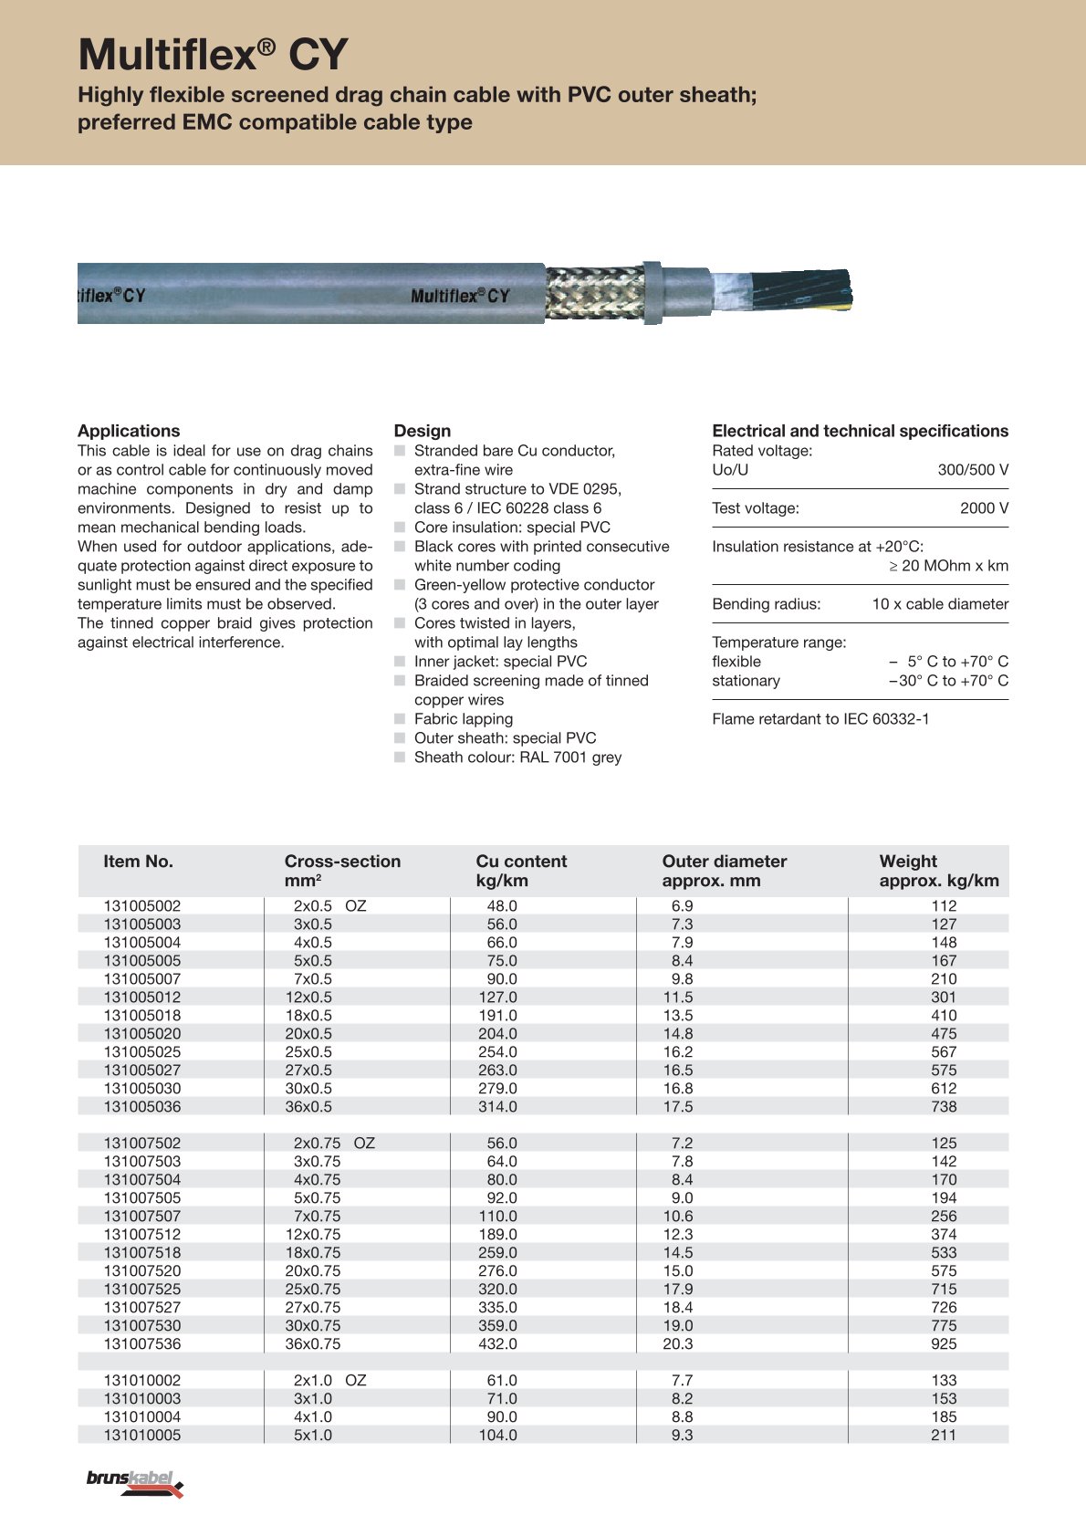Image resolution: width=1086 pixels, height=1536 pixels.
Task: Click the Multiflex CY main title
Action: tap(213, 55)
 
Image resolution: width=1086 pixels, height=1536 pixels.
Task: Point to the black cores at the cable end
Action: tap(803, 291)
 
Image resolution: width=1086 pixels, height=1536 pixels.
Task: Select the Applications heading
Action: tap(129, 431)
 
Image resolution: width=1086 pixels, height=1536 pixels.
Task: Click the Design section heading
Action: tap(423, 431)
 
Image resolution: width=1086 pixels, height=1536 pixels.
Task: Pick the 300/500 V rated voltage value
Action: tap(973, 470)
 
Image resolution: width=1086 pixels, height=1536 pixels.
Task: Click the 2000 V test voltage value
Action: tap(984, 508)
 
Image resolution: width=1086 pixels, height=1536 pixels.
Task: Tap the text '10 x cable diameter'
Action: tap(940, 604)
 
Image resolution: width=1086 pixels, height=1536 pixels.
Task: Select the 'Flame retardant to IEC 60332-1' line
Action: tap(820, 719)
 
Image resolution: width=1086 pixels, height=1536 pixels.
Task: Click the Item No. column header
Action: tap(138, 862)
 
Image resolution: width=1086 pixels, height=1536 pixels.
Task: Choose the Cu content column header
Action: tap(521, 862)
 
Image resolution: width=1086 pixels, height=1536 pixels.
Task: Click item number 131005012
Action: tap(142, 998)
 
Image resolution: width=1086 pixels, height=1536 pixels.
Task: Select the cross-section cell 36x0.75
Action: tap(313, 1344)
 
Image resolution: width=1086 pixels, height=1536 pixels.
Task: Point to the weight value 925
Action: tap(944, 1344)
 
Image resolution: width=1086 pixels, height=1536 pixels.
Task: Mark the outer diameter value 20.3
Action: tap(678, 1344)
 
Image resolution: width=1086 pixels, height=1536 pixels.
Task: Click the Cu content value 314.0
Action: tap(498, 1107)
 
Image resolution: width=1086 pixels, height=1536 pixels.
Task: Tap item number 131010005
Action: tap(142, 1436)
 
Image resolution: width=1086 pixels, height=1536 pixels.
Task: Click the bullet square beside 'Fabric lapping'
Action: tap(400, 719)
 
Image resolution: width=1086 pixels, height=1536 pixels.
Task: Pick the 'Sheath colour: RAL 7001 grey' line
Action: tap(517, 758)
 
